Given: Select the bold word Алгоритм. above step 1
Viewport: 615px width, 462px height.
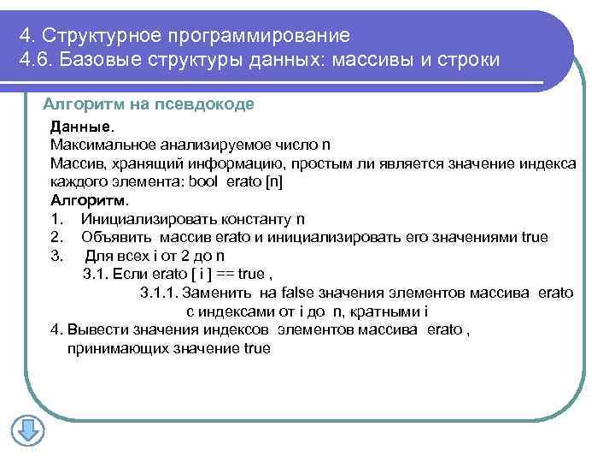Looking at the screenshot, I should (89, 200).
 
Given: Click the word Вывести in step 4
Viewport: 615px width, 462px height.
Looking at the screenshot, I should (93, 329).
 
